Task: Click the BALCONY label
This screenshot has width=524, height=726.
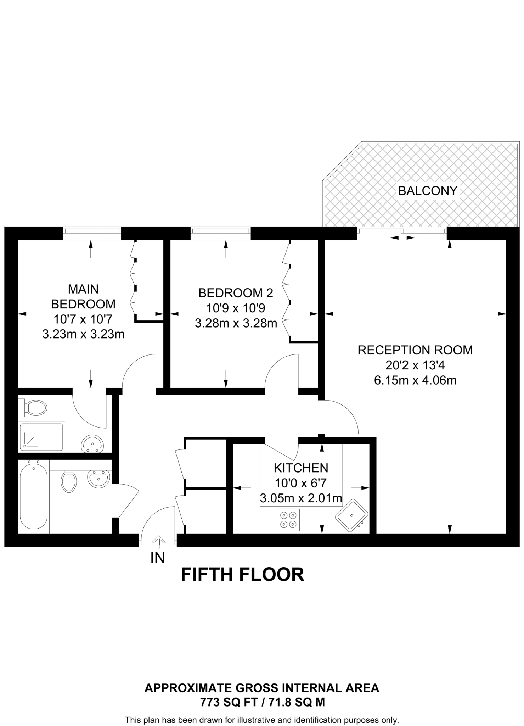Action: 428,191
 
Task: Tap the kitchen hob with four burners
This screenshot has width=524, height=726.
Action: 288,520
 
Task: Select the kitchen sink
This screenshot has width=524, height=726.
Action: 351,515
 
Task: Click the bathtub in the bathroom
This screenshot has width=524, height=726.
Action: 33,496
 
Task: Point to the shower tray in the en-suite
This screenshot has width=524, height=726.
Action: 41,436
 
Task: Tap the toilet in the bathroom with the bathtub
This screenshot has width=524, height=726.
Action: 69,481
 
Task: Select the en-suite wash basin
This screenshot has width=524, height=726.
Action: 92,443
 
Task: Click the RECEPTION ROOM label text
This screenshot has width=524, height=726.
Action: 415,350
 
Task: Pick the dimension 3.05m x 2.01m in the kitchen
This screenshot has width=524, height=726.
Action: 301,498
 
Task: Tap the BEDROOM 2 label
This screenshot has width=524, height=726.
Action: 236,293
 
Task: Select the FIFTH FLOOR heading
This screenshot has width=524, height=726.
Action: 242,575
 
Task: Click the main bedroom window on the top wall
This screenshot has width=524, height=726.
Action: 92,230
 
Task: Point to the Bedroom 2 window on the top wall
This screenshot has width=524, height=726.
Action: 220,230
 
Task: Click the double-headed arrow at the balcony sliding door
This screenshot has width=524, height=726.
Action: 402,238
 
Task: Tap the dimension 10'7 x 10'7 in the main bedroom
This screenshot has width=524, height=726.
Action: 83,319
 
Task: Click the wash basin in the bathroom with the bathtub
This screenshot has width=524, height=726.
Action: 98,479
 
